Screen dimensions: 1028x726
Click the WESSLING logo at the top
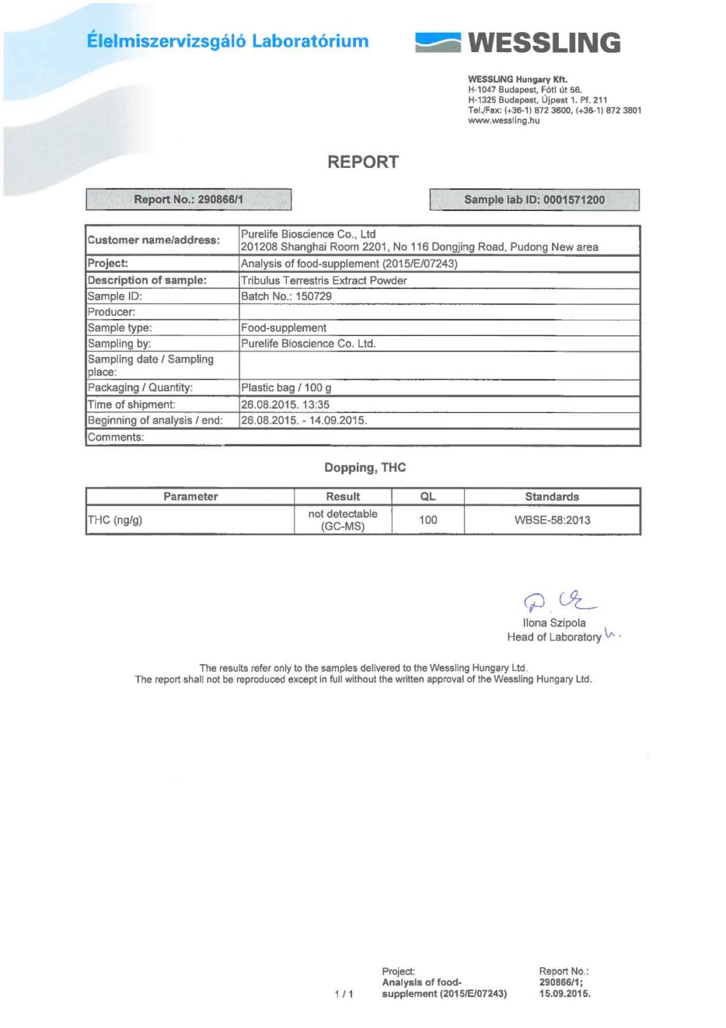(x=518, y=42)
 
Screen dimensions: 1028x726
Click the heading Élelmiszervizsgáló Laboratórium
(x=227, y=41)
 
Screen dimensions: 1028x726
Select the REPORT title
(x=362, y=162)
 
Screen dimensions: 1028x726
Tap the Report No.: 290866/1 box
(x=188, y=199)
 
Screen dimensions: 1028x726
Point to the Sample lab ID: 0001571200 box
(x=534, y=200)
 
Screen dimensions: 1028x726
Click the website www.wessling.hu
(x=503, y=121)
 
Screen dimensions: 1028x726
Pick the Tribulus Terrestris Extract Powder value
(x=323, y=280)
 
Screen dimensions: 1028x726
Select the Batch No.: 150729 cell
(x=286, y=296)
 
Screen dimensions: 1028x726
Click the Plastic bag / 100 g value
(x=286, y=388)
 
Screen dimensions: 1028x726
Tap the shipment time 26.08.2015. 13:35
(x=285, y=404)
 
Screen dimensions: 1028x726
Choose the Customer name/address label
(x=153, y=240)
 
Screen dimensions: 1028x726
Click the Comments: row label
(x=116, y=437)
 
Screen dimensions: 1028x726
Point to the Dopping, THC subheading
(x=365, y=467)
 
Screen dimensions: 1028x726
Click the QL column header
(x=427, y=496)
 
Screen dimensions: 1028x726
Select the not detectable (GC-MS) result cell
(x=342, y=519)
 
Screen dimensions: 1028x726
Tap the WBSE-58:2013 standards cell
(x=552, y=519)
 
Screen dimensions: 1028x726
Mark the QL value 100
(x=428, y=519)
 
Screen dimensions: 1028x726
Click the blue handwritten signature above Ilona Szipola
(x=558, y=602)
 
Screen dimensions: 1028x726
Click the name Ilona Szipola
(x=554, y=623)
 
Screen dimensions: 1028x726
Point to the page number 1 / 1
(x=344, y=994)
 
